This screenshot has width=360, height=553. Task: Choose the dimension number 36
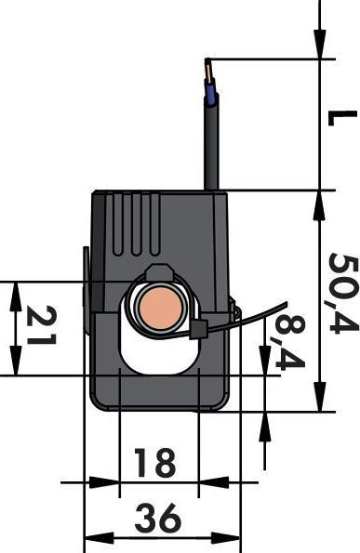(x=157, y=518)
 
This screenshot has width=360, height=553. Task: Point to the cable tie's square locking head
(x=201, y=329)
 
